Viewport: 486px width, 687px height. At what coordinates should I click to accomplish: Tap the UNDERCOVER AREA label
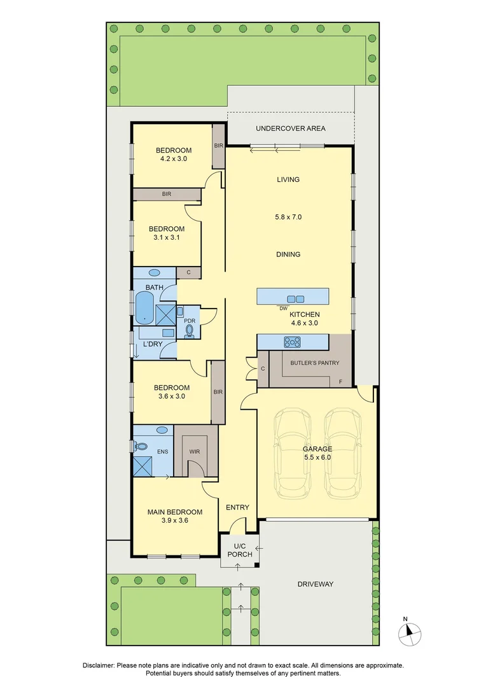[290, 128]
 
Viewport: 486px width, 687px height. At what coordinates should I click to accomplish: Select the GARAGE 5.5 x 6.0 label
[317, 452]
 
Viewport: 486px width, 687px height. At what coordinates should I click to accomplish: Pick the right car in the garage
[342, 455]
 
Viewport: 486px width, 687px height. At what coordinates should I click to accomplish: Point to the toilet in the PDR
[189, 330]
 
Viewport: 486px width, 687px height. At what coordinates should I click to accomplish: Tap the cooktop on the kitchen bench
[292, 342]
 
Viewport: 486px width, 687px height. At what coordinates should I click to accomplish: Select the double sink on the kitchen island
[295, 298]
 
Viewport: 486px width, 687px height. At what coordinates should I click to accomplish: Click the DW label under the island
[283, 309]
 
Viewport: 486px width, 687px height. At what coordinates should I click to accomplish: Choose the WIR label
[195, 452]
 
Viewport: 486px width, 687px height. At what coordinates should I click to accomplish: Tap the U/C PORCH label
[239, 550]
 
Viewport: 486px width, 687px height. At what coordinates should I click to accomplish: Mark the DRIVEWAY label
[315, 584]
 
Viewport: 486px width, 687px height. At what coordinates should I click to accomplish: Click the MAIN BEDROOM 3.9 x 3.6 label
[174, 516]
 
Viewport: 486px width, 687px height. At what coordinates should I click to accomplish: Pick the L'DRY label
[152, 344]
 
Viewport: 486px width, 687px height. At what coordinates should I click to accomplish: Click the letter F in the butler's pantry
[341, 382]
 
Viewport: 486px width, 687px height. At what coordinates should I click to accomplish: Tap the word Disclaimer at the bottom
[99, 665]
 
